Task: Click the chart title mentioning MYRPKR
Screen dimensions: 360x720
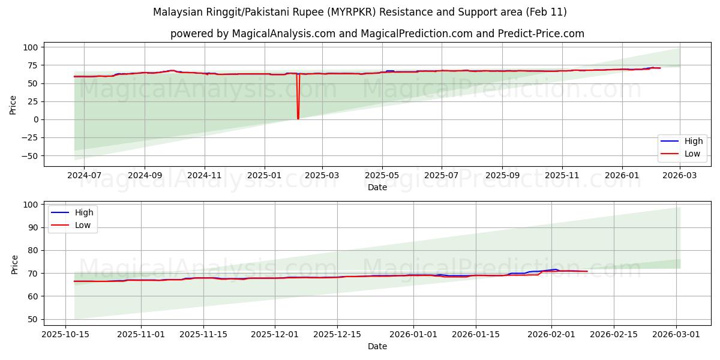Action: pyautogui.click(x=359, y=12)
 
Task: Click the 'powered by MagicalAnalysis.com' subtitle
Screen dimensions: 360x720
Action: pyautogui.click(x=377, y=34)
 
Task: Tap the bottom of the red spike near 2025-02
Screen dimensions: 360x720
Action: pyautogui.click(x=298, y=118)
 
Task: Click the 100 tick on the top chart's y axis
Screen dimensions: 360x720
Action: pyautogui.click(x=32, y=47)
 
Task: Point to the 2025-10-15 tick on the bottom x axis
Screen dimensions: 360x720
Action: pyautogui.click(x=65, y=335)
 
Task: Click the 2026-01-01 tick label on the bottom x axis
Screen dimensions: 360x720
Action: pyautogui.click(x=412, y=335)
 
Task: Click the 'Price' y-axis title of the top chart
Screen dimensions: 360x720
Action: pyautogui.click(x=13, y=104)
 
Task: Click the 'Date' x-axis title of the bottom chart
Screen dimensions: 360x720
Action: pyautogui.click(x=377, y=347)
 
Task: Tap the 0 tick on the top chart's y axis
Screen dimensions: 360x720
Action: pyautogui.click(x=36, y=119)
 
